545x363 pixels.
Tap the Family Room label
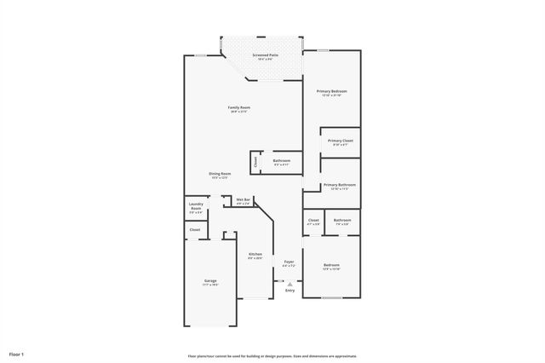pyautogui.click(x=238, y=108)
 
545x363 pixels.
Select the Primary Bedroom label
pyautogui.click(x=331, y=92)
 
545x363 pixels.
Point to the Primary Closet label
pyautogui.click(x=340, y=141)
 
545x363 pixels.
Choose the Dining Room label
pyautogui.click(x=220, y=175)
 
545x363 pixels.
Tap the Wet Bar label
pyautogui.click(x=243, y=200)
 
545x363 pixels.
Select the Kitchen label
pyautogui.click(x=255, y=255)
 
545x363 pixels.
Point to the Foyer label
pyautogui.click(x=290, y=262)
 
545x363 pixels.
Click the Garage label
pyautogui.click(x=209, y=281)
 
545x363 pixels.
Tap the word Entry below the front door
pyautogui.click(x=290, y=291)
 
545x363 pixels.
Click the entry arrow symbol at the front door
pyautogui.click(x=290, y=284)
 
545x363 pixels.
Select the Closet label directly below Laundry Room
pyautogui.click(x=195, y=229)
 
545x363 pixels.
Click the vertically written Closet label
pyautogui.click(x=255, y=161)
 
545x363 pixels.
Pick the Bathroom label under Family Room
pyautogui.click(x=281, y=161)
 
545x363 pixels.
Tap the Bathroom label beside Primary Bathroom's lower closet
pyautogui.click(x=341, y=221)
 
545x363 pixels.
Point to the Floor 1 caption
pyautogui.click(x=16, y=353)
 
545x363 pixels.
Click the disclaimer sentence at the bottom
pyautogui.click(x=272, y=356)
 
